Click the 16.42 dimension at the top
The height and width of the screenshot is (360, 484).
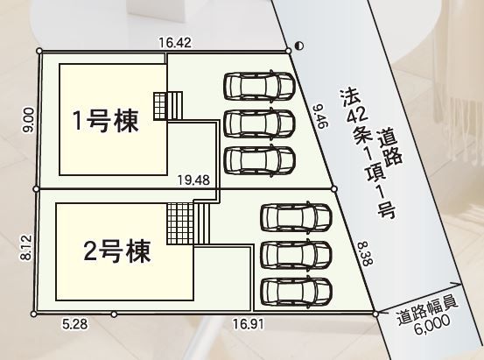175,43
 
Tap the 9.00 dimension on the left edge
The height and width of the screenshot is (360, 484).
28,120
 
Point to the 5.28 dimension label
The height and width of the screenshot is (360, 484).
74,324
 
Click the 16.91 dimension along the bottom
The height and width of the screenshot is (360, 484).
249,324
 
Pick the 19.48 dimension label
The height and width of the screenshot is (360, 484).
193,180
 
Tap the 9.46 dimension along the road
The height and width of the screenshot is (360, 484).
320,116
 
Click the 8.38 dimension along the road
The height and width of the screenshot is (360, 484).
366,254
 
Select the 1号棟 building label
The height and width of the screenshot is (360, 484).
105,121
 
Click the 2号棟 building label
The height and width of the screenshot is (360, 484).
117,251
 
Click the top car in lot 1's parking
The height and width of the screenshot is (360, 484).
259,86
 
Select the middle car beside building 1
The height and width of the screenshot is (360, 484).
259,123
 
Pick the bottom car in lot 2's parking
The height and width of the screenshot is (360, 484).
296,292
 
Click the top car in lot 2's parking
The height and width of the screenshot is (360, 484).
296,217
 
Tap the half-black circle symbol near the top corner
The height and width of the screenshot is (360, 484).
299,46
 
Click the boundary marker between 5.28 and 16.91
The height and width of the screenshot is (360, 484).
114,314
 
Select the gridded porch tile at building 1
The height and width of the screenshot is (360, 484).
160,106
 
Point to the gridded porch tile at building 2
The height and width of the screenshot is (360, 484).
180,223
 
